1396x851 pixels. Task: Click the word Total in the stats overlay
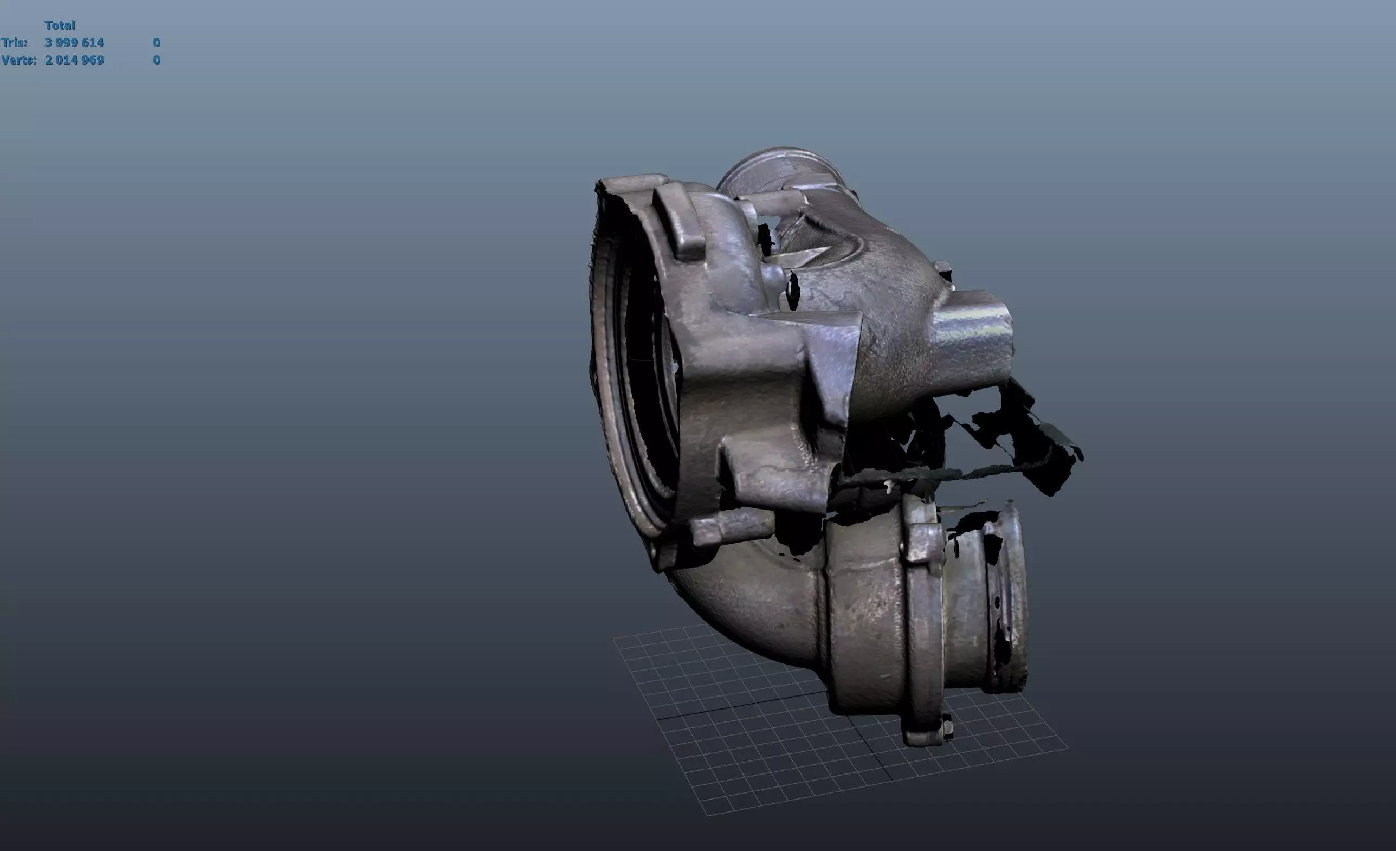click(x=60, y=25)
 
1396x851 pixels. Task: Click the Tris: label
click(x=14, y=42)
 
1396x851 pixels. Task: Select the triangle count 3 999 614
click(x=74, y=42)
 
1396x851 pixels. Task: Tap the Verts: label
click(x=18, y=60)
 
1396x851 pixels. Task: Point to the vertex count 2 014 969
click(x=74, y=60)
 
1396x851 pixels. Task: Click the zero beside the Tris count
click(x=157, y=42)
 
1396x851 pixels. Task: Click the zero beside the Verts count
click(x=157, y=60)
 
